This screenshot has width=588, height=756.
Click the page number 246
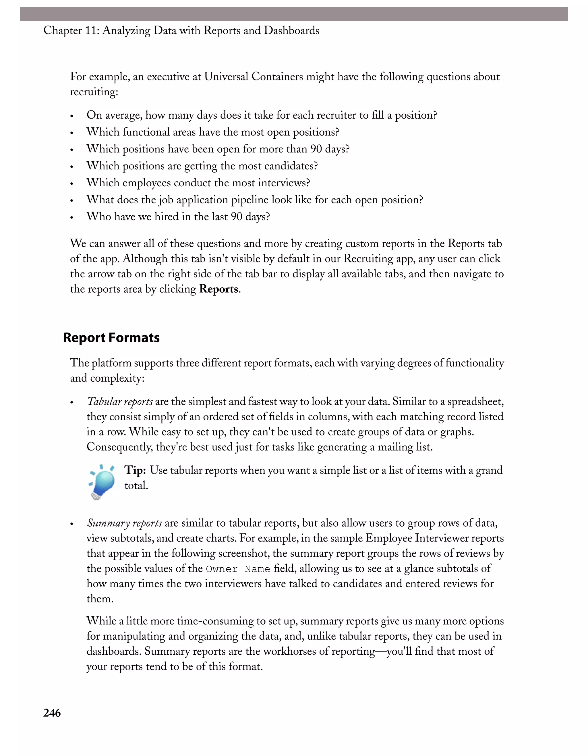52,713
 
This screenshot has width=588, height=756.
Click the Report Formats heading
111,337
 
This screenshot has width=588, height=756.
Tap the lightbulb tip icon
102,482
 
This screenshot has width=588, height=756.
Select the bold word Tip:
135,470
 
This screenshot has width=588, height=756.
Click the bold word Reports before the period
219,289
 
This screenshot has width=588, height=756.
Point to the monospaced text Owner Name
238,569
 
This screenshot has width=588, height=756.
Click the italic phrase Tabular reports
120,401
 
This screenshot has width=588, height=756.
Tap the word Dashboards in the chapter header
291,30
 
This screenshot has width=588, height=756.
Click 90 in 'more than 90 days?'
316,149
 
